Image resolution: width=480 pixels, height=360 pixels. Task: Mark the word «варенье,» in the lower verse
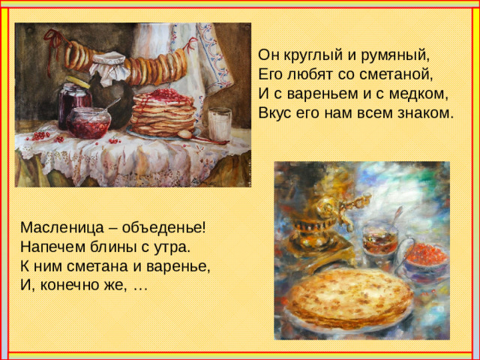(x=174, y=266)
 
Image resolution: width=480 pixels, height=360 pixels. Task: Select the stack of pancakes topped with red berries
(x=163, y=112)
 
